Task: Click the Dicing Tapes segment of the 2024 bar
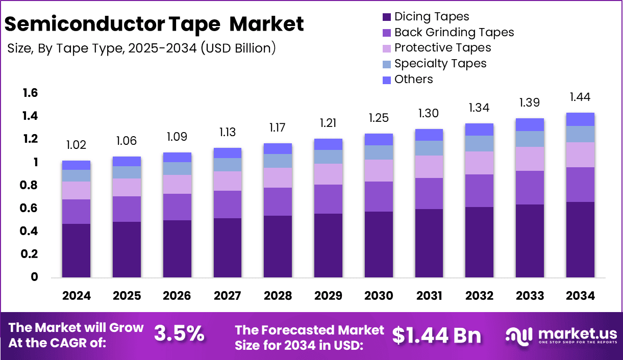76,250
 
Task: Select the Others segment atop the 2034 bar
580,119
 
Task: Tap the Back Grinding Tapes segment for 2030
379,196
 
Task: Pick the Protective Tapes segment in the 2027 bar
227,181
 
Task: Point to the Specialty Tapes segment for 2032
479,143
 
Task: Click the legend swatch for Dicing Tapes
387,17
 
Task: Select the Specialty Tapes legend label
440,63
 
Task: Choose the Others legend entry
413,79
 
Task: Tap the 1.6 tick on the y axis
30,93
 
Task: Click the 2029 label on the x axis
328,296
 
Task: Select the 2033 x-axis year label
530,296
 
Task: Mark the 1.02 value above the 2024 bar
76,146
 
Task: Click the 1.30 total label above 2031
429,113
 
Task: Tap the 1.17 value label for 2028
278,126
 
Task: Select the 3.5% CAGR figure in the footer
179,335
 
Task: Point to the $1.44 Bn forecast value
437,335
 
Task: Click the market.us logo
561,336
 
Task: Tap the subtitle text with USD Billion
142,48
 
